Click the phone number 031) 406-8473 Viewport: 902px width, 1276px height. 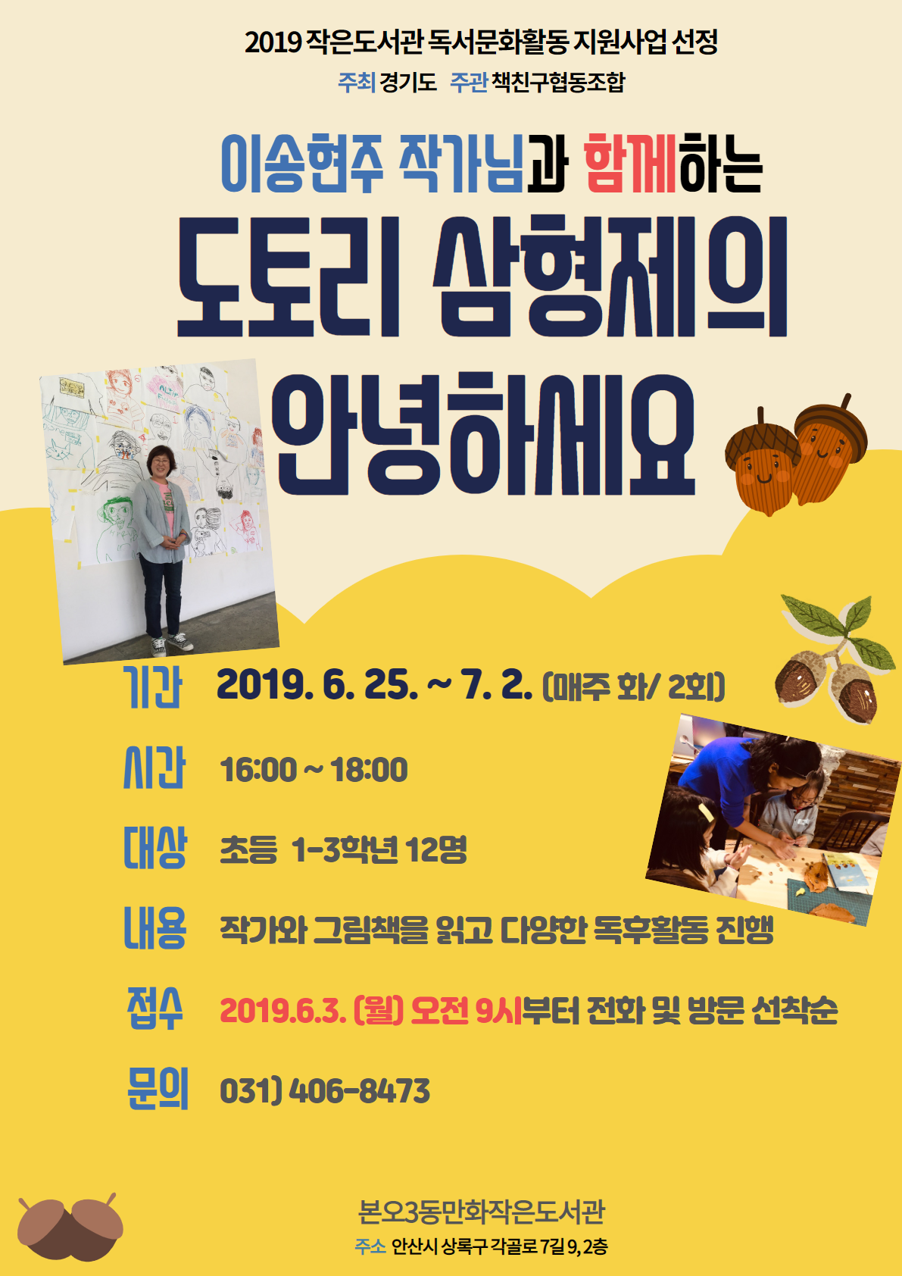[324, 1091]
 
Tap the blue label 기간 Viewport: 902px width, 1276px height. [153, 686]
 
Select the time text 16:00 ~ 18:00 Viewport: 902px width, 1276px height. [314, 770]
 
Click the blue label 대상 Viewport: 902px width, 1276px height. [154, 848]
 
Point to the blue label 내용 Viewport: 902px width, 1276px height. [154, 928]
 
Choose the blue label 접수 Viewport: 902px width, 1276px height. [154, 1009]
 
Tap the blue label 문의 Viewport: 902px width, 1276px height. [157, 1090]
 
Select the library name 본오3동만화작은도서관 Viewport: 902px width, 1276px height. [482, 1212]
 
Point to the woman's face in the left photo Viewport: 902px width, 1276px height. [161, 462]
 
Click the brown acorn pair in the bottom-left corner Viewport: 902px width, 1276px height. [70, 1227]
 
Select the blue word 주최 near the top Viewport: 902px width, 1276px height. [356, 82]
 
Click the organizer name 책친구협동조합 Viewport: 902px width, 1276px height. [558, 82]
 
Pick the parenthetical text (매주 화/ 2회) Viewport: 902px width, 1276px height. [634, 686]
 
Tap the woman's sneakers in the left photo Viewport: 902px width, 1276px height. [170, 643]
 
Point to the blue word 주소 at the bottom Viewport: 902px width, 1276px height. [370, 1246]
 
